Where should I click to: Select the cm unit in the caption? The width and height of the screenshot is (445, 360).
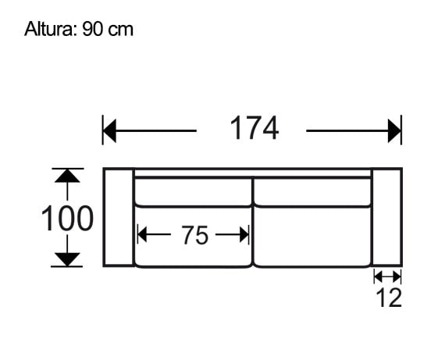pos(121,30)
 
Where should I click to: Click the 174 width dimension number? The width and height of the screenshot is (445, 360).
pos(254,129)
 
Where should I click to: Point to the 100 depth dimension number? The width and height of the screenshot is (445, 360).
pos(67,219)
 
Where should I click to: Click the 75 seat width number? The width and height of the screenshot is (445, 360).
pos(194,234)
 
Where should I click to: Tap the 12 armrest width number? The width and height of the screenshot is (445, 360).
pos(387,298)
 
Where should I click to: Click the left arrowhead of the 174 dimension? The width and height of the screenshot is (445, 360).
pos(110,130)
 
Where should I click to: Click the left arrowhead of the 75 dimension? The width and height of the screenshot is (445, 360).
pos(143,233)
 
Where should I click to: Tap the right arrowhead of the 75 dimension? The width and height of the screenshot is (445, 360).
pos(244,233)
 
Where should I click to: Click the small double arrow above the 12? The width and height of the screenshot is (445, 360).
pos(387,276)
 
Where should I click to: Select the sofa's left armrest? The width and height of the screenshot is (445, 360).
pos(119,217)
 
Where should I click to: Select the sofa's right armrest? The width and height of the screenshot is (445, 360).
pos(386,217)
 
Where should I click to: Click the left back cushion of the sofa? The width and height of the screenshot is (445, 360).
pos(193,191)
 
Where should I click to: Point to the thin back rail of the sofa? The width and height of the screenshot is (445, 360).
pos(252,173)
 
